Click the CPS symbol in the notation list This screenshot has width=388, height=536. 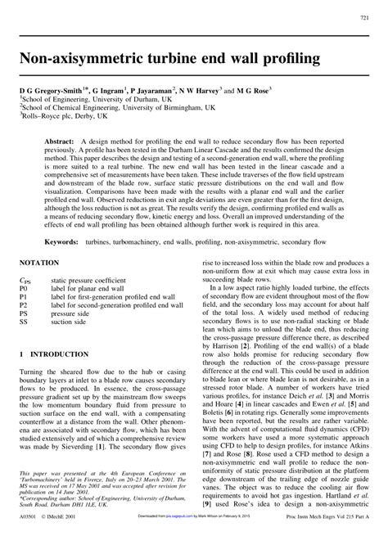pyautogui.click(x=25, y=280)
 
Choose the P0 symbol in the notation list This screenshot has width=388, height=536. pyautogui.click(x=24, y=289)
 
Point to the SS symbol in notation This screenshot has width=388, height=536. pyautogui.click(x=24, y=322)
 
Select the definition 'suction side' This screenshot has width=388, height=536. pyautogui.click(x=72, y=322)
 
